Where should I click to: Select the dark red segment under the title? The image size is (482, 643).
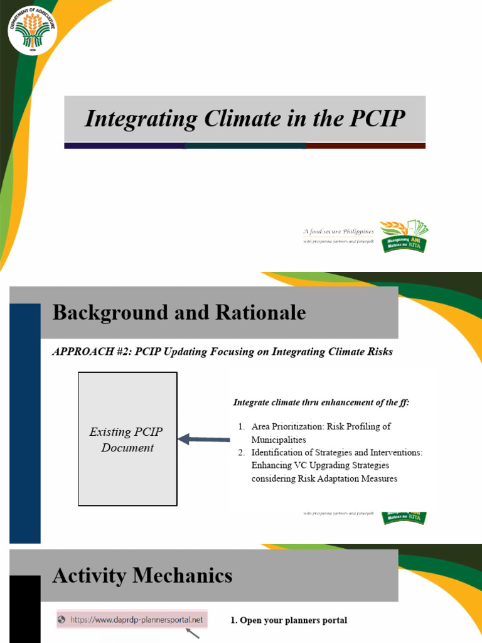pyautogui.click(x=365, y=146)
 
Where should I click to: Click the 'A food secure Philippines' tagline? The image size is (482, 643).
pyautogui.click(x=339, y=232)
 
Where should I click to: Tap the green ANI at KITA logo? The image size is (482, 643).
pyautogui.click(x=404, y=237)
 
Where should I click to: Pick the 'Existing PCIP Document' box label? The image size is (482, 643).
pyautogui.click(x=127, y=440)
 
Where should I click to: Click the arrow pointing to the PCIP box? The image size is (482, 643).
pyautogui.click(x=204, y=440)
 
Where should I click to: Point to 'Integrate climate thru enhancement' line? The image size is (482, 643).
pyautogui.click(x=321, y=403)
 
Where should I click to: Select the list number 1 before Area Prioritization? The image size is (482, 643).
pyautogui.click(x=242, y=426)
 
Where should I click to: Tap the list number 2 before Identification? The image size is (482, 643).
pyautogui.click(x=242, y=452)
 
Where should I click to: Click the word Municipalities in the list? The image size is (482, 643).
pyautogui.click(x=279, y=440)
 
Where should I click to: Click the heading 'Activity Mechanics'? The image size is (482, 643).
pyautogui.click(x=142, y=575)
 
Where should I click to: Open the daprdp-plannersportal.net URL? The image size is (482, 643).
pyautogui.click(x=136, y=620)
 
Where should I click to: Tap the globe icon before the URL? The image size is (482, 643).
pyautogui.click(x=62, y=620)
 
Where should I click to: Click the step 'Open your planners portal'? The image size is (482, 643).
pyautogui.click(x=289, y=620)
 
